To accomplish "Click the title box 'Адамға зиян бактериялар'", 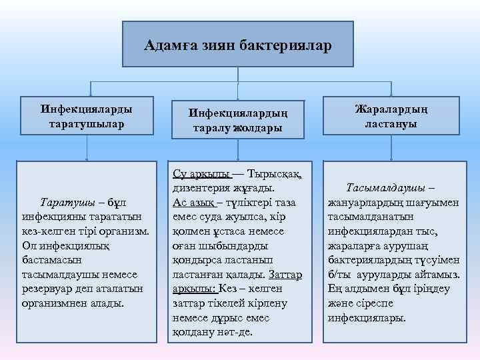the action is tap(238, 44).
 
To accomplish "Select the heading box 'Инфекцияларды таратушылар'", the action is tap(86, 116).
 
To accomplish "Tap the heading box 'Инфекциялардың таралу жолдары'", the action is tap(237, 120).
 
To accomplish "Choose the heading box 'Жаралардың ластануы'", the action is tap(391, 116).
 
